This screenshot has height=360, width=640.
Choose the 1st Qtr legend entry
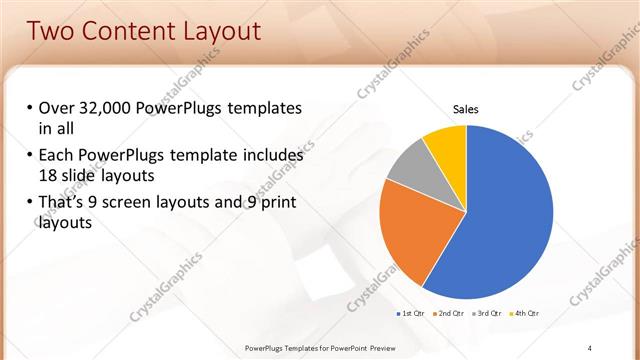412,314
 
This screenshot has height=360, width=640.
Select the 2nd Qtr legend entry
452,314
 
